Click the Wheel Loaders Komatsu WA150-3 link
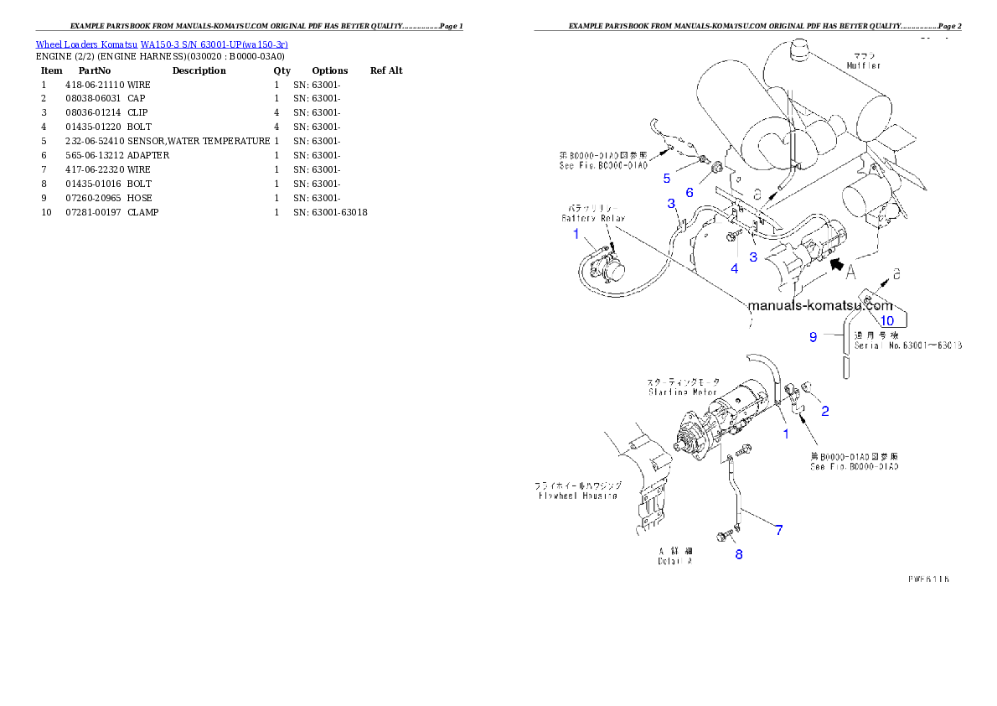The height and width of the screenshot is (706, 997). coord(162,44)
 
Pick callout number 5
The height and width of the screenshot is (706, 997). coord(667,178)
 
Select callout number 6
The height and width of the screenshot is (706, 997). coord(690,192)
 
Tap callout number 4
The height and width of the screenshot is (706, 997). coord(734,269)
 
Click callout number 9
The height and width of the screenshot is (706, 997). coord(813,337)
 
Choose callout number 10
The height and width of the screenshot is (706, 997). coord(886,320)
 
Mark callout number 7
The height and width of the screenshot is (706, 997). coord(778,530)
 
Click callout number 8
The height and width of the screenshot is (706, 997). coord(738,554)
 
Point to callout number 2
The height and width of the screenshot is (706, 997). coord(825,411)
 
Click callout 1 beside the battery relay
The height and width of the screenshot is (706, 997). coord(576,234)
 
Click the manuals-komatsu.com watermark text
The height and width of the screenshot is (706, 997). coord(820,306)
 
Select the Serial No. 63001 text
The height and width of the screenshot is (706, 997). coord(907,345)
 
